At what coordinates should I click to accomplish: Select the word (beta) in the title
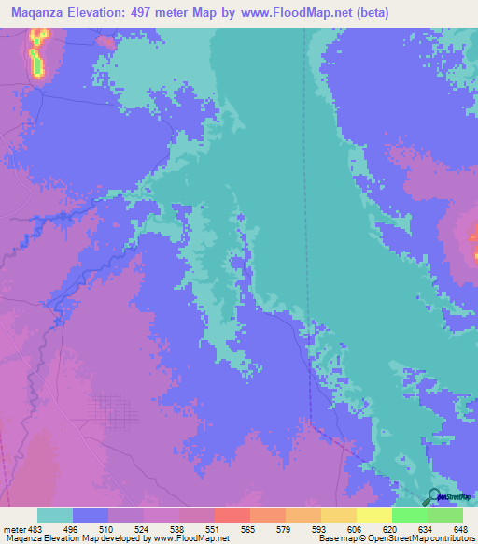pyautogui.click(x=371, y=12)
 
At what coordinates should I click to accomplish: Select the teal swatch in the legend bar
pyautogui.click(x=55, y=515)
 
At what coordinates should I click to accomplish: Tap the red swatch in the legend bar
pyautogui.click(x=232, y=515)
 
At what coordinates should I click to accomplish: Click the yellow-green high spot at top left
pyautogui.click(x=38, y=51)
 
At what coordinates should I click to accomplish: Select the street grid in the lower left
pyautogui.click(x=112, y=411)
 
